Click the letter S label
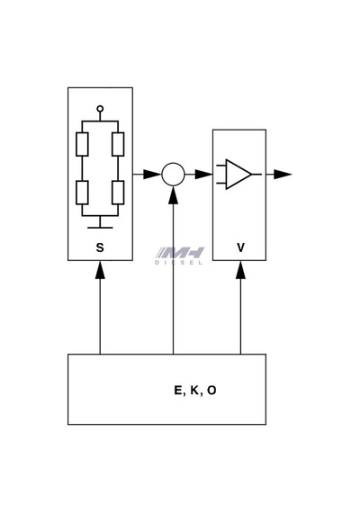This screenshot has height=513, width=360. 100,247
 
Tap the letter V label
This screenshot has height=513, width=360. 240,247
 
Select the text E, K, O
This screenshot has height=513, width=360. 195,390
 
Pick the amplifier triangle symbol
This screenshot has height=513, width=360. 238,175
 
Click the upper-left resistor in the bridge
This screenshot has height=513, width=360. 82,144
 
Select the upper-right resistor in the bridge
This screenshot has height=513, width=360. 118,144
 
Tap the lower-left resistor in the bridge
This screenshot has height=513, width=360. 82,193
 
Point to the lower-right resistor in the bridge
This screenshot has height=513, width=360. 118,193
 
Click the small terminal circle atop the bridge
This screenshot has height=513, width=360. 100,109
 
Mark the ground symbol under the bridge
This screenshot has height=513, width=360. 100,224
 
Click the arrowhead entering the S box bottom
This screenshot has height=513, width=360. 100,270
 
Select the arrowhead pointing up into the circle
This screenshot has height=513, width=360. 173,195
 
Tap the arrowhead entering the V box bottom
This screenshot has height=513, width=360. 240,270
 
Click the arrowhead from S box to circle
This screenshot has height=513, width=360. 152,175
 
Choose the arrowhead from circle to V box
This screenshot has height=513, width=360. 203,175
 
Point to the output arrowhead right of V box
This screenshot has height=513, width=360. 283,175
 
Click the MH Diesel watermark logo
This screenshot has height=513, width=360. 179,256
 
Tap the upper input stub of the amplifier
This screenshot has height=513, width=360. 221,166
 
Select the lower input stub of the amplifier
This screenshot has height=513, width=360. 221,184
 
